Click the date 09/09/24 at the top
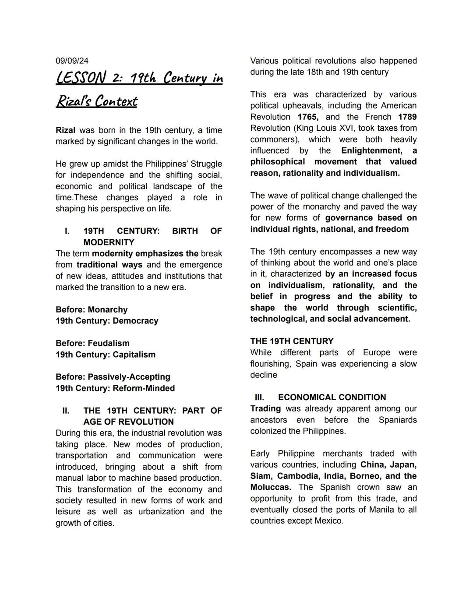pos(72,61)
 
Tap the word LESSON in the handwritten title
pos(81,78)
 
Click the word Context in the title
pos(116,101)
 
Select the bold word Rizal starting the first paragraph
pos(65,130)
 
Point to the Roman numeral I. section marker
pos(67,231)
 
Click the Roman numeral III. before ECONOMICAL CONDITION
pos(259,398)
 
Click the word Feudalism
pos(109,343)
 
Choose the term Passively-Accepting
pos(129,377)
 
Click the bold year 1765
pos(308,117)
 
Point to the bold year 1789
pos(407,117)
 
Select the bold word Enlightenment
pos(371,151)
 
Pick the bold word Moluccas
pos(271,487)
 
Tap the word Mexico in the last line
pos(328,521)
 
